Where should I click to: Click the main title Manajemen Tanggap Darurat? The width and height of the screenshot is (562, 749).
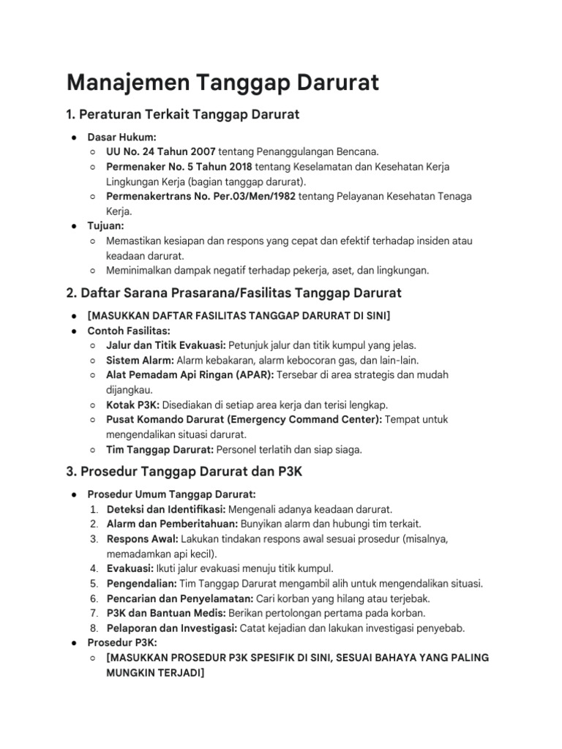(222, 83)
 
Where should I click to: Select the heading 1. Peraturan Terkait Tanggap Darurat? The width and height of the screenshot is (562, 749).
(183, 115)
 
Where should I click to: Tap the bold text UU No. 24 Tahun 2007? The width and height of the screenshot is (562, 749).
(161, 151)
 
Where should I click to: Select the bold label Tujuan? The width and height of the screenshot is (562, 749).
(107, 226)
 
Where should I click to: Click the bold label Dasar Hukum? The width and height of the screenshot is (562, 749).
(121, 137)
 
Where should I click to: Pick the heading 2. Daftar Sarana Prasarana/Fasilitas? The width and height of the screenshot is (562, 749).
(233, 293)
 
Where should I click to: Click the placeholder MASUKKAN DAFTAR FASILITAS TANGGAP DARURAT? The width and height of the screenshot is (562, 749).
(239, 315)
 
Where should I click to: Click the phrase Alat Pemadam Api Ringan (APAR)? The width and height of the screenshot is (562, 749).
(190, 374)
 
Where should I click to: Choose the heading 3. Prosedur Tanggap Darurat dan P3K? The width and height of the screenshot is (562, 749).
(184, 472)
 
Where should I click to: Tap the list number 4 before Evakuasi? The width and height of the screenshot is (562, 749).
(94, 568)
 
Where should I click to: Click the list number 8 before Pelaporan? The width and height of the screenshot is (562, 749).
(94, 628)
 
